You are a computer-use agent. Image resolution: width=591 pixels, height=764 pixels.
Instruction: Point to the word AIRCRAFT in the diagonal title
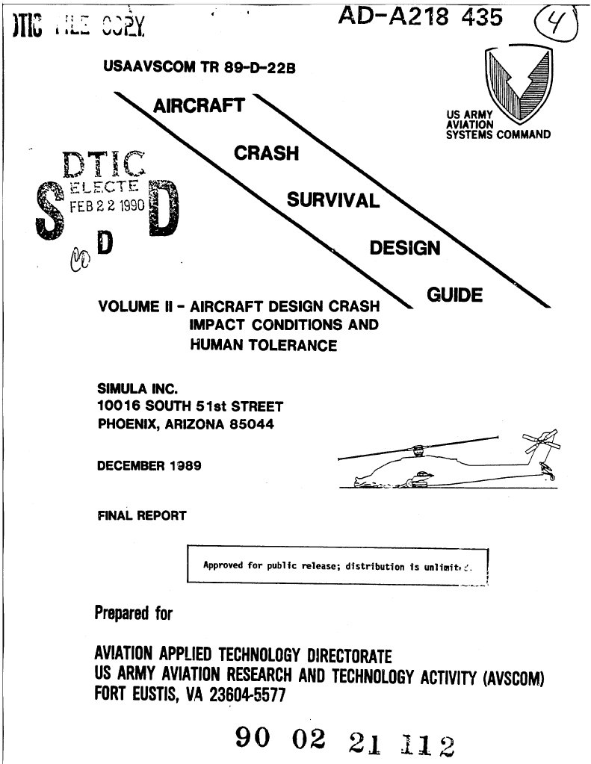coord(198,105)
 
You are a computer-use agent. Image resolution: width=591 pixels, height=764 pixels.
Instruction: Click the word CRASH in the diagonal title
coord(266,153)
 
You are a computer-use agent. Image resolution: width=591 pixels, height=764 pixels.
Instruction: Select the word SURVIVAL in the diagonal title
coord(332,200)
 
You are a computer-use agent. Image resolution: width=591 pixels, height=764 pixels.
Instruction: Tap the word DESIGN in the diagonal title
coord(405,248)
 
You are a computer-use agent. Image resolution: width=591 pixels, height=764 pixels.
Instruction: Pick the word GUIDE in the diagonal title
coord(454,295)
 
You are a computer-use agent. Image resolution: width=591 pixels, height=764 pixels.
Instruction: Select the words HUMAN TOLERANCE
coord(264,345)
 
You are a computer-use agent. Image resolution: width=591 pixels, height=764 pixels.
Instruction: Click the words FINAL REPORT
coord(142,515)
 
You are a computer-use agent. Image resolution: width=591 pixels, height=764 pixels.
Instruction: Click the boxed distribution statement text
coord(338,565)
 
